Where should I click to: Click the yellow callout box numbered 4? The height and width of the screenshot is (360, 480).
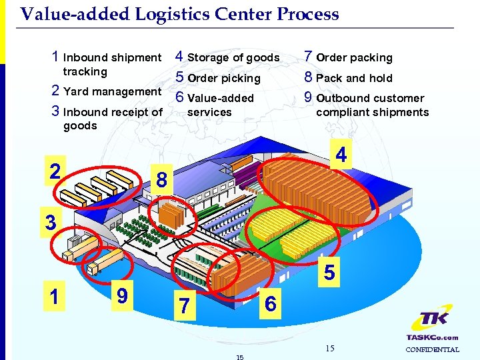point(341,155)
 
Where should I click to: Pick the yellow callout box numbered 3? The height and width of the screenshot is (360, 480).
point(51,222)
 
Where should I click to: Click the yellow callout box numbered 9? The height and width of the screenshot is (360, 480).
point(122,294)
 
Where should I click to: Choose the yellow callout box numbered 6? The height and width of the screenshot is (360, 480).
point(270,304)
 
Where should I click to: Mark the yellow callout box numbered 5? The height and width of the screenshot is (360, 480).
point(329,272)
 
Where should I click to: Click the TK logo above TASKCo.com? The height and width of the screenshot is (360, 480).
point(432,320)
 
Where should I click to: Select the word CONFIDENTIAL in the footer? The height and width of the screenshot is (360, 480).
point(432,349)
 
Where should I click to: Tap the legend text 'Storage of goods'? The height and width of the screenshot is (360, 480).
point(233,58)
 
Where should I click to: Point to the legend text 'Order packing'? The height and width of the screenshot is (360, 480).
point(354,58)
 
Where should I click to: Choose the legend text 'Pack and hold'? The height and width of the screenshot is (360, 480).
point(354,78)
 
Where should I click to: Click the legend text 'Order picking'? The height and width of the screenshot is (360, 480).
point(224,78)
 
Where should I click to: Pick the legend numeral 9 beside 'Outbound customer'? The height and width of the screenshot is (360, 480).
point(308,97)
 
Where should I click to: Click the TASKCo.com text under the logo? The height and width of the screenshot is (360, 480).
point(432,337)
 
